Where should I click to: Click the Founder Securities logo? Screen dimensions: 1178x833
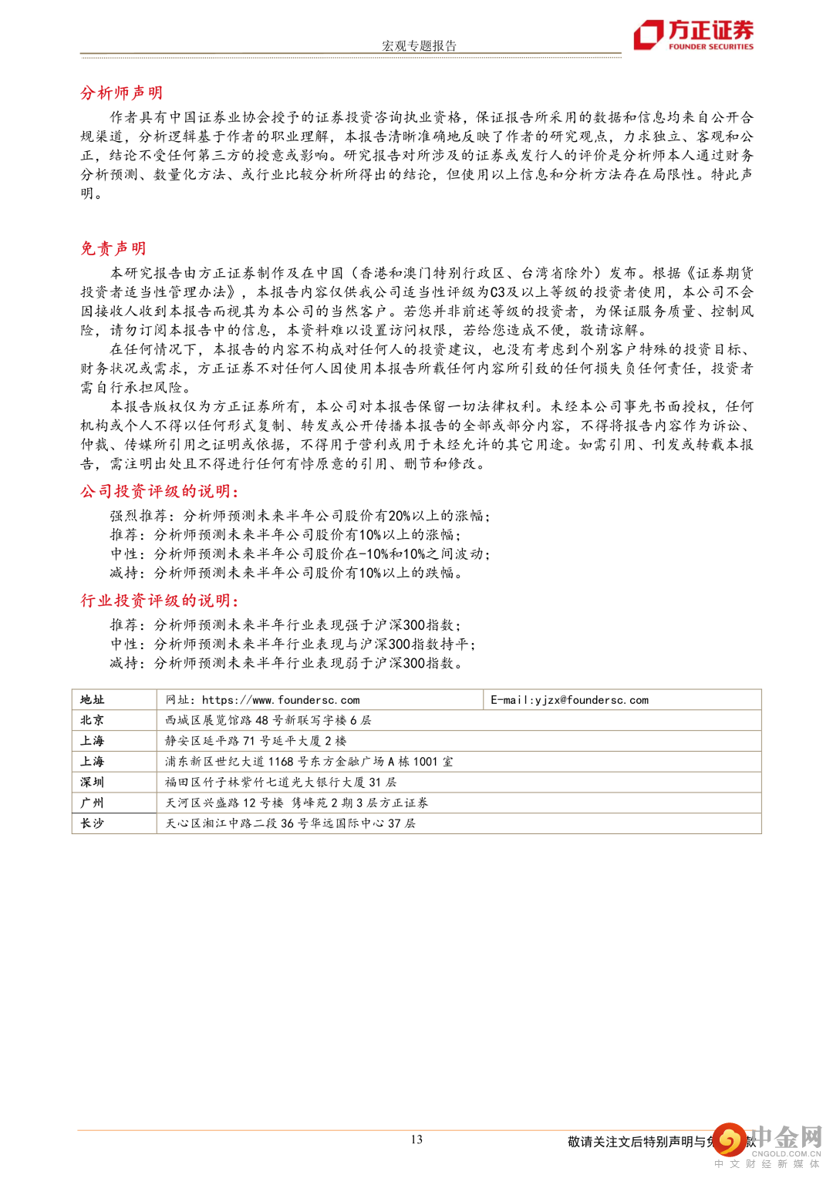pos(693,35)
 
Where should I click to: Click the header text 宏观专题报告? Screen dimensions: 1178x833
pos(419,45)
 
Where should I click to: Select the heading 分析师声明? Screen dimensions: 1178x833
pos(121,93)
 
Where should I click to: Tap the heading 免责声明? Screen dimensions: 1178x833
pos(113,248)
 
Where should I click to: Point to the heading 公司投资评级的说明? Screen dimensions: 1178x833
pos(159,492)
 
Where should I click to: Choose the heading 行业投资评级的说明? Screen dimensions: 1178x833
pos(159,601)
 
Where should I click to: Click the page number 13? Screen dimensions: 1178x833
pos(416,1139)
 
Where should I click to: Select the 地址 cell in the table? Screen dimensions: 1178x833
pos(92,700)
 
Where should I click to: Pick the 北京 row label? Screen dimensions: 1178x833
pos(92,720)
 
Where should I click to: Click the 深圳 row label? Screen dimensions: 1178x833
pos(92,782)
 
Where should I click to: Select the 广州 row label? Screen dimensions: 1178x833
pos(92,803)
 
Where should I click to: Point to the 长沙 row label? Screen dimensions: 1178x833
pos(92,823)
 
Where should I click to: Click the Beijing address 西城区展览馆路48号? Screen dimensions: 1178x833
pos(268,720)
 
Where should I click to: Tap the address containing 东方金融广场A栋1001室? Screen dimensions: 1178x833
pos(309,762)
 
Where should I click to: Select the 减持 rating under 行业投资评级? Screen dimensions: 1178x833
pos(124,663)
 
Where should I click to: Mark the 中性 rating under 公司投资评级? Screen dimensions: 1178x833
pos(124,554)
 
